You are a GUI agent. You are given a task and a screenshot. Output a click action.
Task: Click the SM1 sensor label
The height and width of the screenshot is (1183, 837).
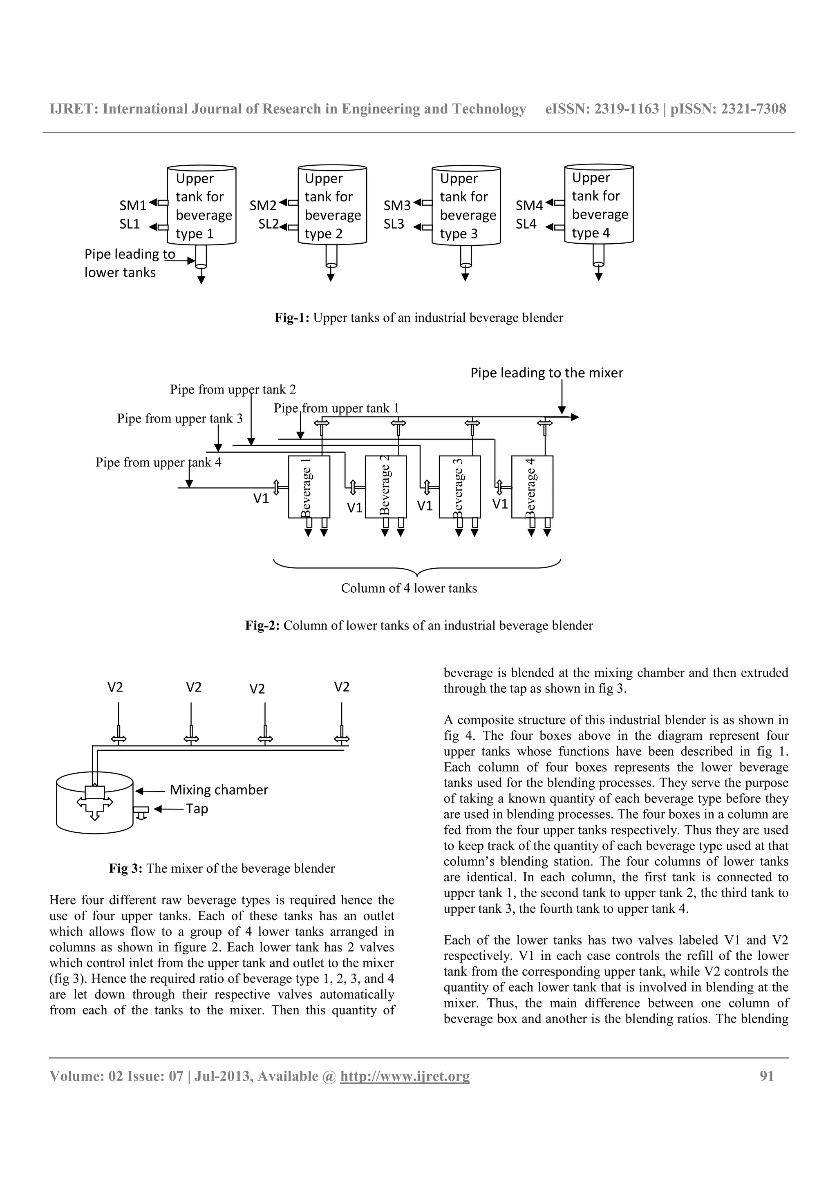[x=132, y=206]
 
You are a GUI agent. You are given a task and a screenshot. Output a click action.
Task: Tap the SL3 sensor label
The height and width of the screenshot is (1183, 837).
[x=394, y=224]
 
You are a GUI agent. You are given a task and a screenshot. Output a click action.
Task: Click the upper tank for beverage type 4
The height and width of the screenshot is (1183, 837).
[x=599, y=205]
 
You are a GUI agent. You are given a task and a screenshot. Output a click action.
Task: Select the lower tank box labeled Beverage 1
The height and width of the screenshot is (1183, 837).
[x=309, y=487]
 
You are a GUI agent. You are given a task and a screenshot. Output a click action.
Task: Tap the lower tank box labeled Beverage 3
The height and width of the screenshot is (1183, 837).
[x=459, y=487]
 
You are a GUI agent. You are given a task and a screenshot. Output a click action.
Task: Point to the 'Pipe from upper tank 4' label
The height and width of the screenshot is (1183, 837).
[x=158, y=462]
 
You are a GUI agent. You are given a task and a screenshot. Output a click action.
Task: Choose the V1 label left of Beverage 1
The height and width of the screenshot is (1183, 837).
[x=261, y=499]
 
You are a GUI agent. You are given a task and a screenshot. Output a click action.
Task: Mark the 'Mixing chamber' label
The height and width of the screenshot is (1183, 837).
[x=219, y=790]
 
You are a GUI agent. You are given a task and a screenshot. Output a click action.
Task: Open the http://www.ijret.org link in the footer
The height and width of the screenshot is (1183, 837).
[x=404, y=1076]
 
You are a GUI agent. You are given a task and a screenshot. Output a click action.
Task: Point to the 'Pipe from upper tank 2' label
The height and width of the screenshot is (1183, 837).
[x=233, y=389]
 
